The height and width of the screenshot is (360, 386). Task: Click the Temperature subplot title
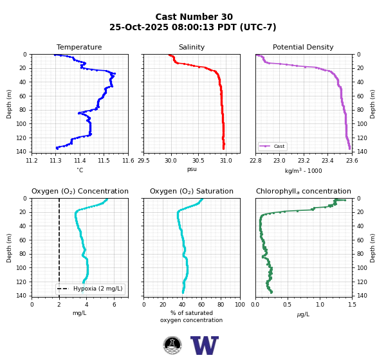click(79, 47)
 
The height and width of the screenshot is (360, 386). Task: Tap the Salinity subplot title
click(192, 47)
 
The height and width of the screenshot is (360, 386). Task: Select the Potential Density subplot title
click(303, 47)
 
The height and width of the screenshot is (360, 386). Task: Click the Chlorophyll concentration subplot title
click(304, 191)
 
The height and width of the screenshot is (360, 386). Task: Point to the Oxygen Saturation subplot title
click(192, 191)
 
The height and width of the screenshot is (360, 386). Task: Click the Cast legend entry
click(272, 146)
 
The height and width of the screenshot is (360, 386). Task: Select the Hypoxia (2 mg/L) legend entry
click(90, 289)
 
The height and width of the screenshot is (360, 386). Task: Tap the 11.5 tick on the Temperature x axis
click(104, 161)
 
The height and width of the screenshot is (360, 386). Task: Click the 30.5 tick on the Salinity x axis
click(198, 161)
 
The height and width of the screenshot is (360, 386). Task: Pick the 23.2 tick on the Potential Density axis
click(304, 161)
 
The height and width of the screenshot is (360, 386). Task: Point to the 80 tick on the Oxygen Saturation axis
click(221, 305)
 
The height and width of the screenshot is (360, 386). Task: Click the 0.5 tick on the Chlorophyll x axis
click(287, 305)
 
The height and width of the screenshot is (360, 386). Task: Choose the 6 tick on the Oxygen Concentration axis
click(115, 305)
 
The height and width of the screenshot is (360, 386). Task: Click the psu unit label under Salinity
click(192, 169)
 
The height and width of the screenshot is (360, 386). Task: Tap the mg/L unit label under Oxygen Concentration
click(80, 313)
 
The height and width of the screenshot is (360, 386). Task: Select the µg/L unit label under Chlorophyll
click(303, 314)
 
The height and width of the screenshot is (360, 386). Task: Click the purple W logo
click(205, 345)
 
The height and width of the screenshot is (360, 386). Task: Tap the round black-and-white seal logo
click(172, 345)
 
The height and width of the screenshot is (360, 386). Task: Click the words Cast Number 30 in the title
click(194, 17)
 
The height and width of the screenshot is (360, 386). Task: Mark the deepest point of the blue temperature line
click(57, 148)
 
